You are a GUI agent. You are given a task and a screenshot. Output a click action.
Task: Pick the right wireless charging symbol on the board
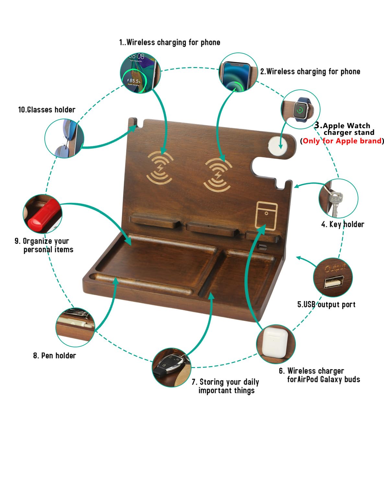(218, 174)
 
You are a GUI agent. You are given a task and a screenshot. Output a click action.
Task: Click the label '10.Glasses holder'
(47, 110)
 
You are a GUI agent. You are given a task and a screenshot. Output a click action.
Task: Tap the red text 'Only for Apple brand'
(342, 141)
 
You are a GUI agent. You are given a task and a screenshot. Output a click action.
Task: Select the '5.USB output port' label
(326, 305)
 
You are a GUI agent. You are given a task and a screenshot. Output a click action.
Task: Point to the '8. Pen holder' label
(54, 355)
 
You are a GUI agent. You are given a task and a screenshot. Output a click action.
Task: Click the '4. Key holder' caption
(343, 224)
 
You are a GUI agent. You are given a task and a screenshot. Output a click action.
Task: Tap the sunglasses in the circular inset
(64, 138)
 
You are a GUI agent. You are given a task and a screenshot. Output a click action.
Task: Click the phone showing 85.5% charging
(139, 74)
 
